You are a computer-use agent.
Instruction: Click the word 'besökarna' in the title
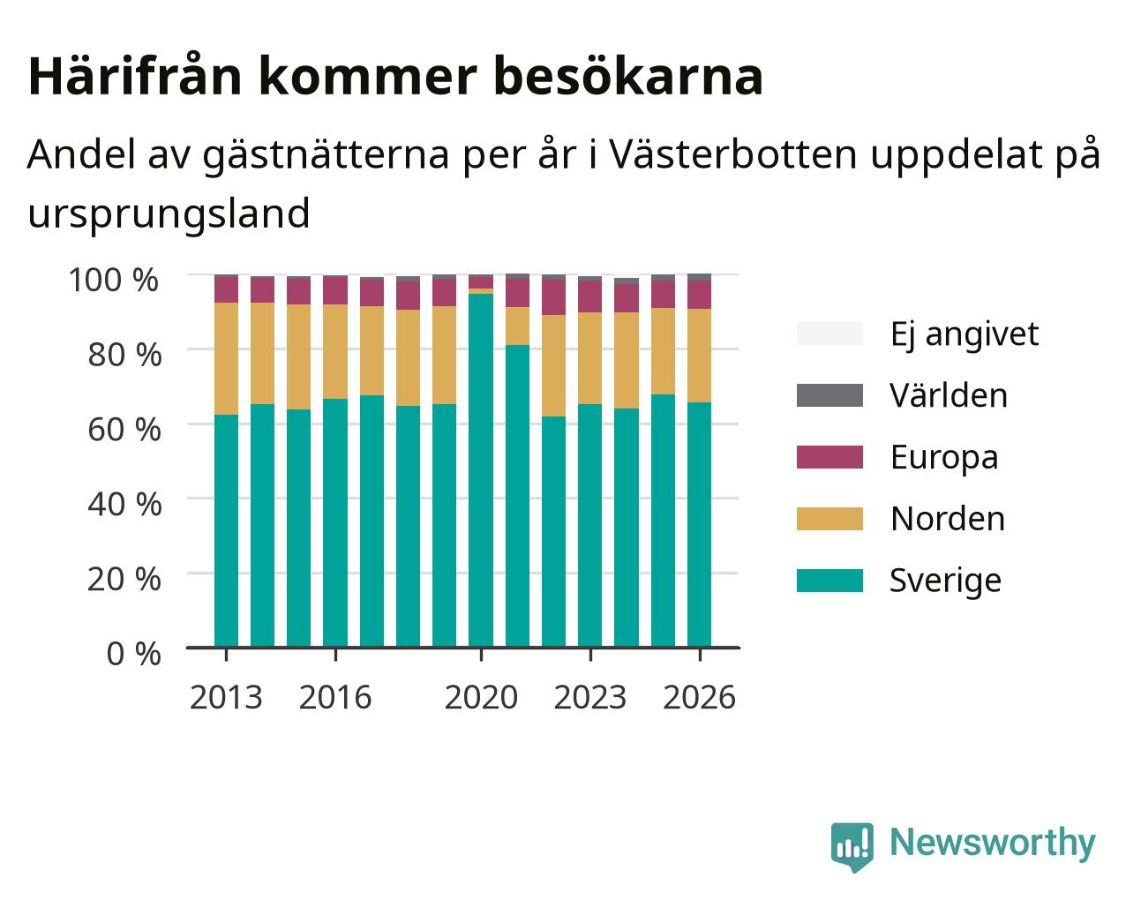point(628,77)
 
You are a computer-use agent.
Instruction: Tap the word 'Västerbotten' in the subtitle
point(733,154)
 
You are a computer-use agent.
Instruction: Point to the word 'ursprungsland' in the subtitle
point(169,214)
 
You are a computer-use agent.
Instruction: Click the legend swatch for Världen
point(829,395)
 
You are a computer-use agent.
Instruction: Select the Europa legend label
point(944,457)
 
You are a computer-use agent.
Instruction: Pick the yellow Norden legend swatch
point(829,519)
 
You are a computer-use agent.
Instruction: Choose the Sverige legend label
point(945,581)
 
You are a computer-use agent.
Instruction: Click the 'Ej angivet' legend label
point(965,334)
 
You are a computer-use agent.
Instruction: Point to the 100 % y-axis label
point(114,280)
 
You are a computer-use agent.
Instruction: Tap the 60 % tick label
point(124,430)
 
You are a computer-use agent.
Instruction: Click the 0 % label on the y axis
point(133,654)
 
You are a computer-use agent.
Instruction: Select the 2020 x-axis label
point(481,697)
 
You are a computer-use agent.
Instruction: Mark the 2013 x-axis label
point(226,697)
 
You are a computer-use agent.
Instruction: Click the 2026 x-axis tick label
point(700,697)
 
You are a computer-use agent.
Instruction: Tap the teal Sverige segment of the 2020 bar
point(481,470)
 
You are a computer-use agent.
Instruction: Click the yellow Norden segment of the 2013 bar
point(226,358)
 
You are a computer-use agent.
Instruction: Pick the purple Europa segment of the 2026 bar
point(699,295)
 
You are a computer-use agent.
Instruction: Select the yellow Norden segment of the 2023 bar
point(590,358)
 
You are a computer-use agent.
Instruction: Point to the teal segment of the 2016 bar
point(335,522)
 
